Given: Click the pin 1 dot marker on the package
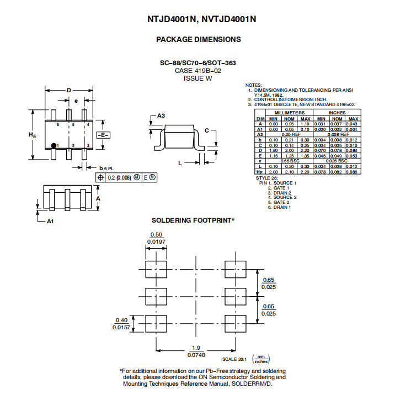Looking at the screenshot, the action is pos(54,145).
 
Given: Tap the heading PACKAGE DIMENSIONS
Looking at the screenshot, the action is pos(199,39).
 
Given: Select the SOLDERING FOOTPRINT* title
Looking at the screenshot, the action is pos(193,220).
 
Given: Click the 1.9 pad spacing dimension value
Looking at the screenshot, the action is pos(196,348).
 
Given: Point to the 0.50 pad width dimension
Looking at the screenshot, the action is pos(156,234).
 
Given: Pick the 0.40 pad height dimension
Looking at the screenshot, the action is pos(121,320).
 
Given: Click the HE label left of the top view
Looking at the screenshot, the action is pos(32,135).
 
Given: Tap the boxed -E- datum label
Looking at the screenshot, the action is pos(103,135).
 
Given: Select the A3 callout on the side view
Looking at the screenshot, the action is pos(161,115).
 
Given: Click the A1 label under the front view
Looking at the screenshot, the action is pos(50,221).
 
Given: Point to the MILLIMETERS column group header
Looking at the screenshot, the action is pos(289,113).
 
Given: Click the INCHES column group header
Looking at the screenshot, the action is pos(337,113).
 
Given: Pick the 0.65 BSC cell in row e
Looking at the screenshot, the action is pos(290,161).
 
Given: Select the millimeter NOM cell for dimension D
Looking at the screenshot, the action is pos(289,150).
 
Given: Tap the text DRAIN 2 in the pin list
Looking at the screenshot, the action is pos(282,193).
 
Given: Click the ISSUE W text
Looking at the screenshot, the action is pos(197,78).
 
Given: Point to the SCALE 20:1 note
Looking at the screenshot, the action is pos(234,359).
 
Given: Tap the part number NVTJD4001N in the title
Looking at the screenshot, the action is pos(229,19).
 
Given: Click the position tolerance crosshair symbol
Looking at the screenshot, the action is pos(100,177).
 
